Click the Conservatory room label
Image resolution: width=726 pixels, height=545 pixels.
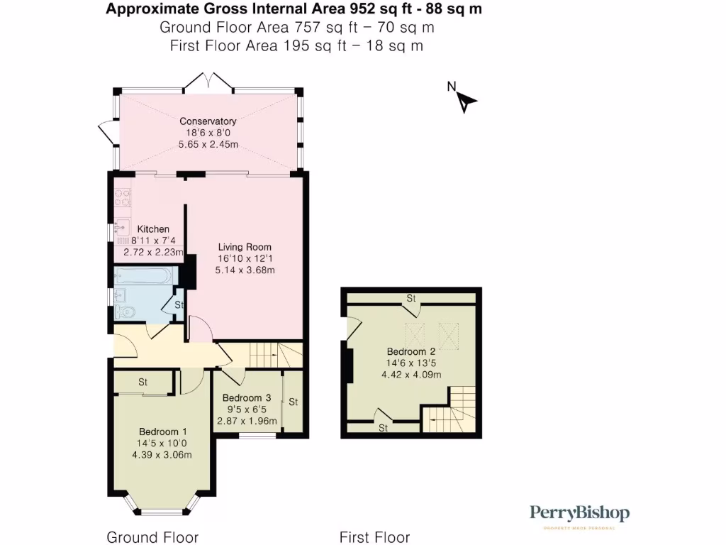click(208, 121)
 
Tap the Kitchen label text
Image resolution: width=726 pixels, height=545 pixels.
click(153, 229)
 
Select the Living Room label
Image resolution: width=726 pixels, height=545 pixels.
click(245, 248)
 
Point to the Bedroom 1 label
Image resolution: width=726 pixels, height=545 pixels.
click(162, 431)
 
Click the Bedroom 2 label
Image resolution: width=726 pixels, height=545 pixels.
click(411, 352)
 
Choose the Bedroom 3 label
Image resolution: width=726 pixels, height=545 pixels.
click(246, 398)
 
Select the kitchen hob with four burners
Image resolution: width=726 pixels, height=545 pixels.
click(120, 197)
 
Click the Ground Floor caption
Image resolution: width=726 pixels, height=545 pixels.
click(152, 537)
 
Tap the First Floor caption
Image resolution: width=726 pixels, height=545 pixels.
click(374, 537)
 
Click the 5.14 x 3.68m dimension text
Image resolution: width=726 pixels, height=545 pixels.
click(245, 270)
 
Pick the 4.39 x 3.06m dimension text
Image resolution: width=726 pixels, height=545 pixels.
click(162, 455)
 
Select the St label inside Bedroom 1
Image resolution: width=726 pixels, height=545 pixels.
click(143, 382)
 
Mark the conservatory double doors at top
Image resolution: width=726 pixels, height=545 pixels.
click(208, 82)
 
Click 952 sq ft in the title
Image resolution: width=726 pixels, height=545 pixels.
click(372, 9)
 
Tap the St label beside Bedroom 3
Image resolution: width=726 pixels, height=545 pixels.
click(293, 402)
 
